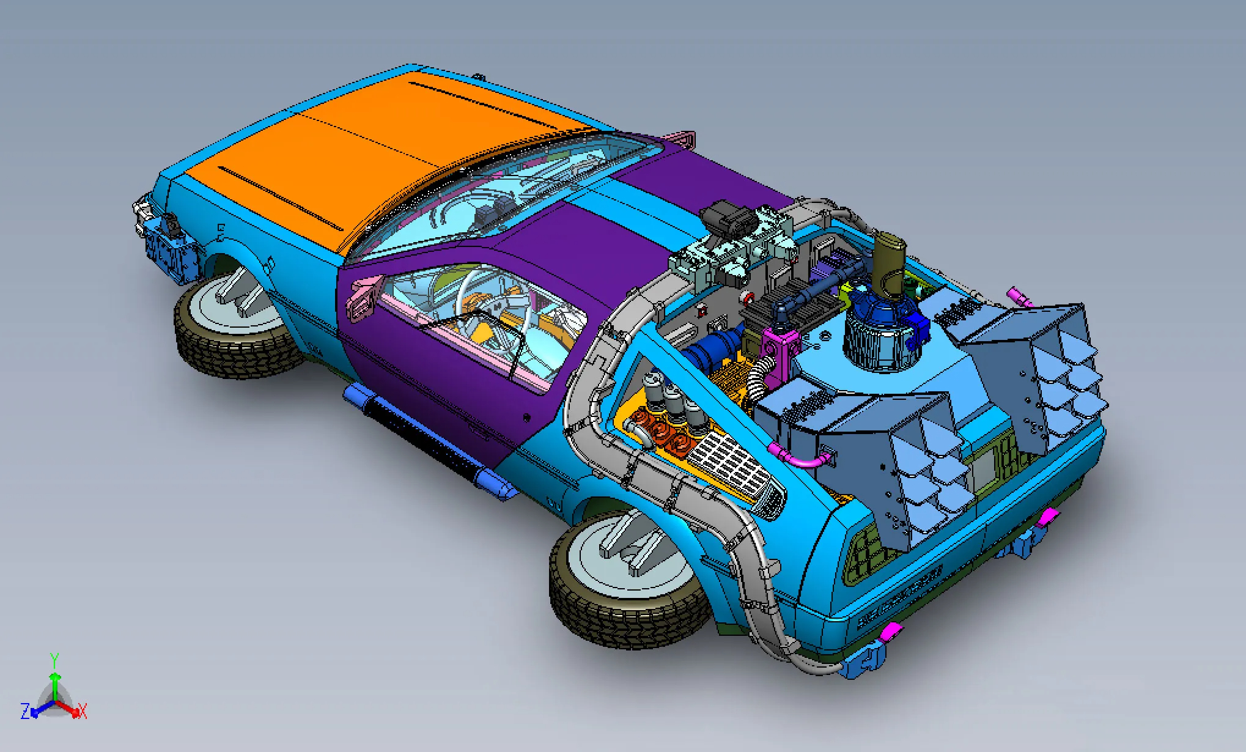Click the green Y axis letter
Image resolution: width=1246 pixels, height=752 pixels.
[x=54, y=660]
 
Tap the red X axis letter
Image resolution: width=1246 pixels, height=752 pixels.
[x=83, y=711]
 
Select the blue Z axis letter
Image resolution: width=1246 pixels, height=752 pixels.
[x=26, y=712]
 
